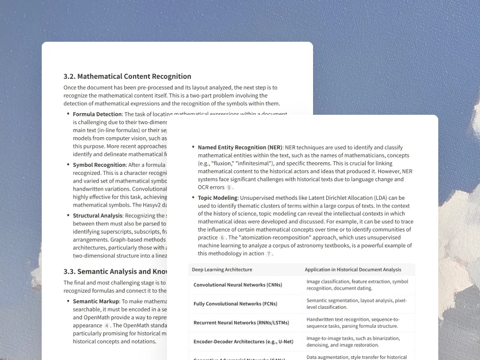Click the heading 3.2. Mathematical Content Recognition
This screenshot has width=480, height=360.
[x=127, y=76]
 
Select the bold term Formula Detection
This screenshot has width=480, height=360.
[x=97, y=114]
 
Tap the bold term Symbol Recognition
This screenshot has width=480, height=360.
[x=99, y=165]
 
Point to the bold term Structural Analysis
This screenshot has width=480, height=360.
[x=98, y=215]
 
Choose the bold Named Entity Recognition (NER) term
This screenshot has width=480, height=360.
[x=239, y=148]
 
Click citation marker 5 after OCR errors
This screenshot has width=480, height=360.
[x=229, y=187]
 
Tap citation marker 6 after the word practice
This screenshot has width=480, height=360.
[x=222, y=237]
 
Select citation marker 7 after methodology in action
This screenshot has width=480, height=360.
[x=269, y=254]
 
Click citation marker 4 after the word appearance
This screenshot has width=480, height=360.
[x=106, y=325]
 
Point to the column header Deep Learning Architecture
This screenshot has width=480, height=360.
[x=222, y=270]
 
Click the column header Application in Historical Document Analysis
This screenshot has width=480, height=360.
[x=353, y=270]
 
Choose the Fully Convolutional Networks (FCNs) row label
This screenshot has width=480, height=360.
[x=235, y=304]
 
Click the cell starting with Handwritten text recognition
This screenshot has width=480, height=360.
[x=353, y=322]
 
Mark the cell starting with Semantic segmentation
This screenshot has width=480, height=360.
[x=356, y=304]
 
